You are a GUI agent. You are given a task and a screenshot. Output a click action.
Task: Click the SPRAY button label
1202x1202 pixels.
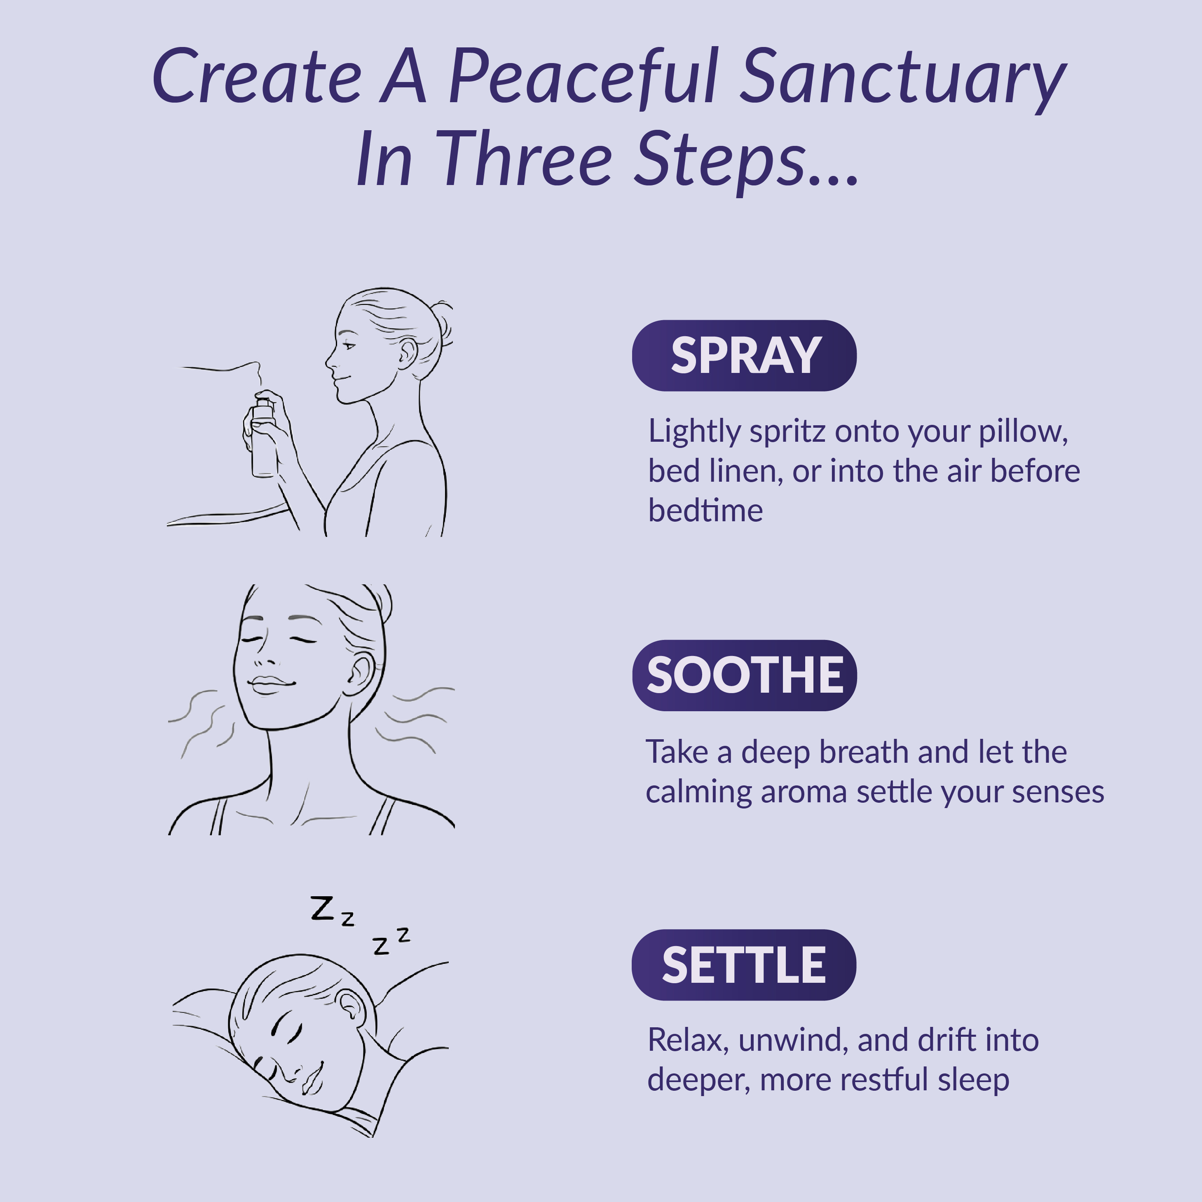click(x=745, y=356)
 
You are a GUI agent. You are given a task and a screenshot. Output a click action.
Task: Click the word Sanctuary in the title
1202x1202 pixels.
click(x=902, y=78)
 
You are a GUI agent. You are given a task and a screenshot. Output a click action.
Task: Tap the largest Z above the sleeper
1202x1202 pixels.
click(x=322, y=908)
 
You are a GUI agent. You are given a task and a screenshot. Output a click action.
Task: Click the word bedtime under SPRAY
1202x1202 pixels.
click(x=705, y=511)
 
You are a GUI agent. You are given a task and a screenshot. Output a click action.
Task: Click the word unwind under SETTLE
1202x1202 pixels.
click(x=787, y=1040)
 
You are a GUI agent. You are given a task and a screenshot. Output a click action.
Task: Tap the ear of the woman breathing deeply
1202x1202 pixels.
click(x=360, y=674)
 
